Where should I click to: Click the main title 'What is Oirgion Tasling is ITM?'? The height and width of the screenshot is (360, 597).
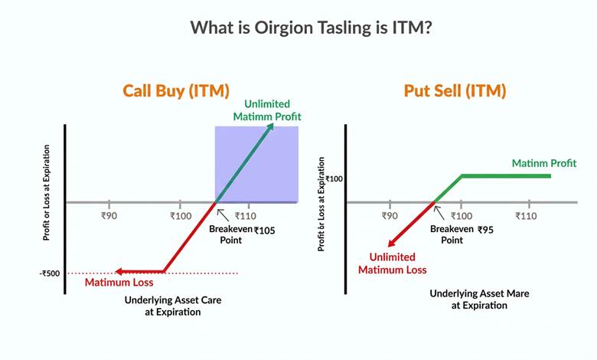click(x=298, y=27)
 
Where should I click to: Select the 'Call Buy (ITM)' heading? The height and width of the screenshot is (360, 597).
click(x=176, y=91)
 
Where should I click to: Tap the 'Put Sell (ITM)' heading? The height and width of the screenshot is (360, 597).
click(x=455, y=91)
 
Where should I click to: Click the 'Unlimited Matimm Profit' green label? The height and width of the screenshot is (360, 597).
click(x=267, y=110)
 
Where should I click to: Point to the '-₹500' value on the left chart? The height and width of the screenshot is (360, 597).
click(x=52, y=273)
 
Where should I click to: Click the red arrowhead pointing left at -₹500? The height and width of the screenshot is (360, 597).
click(x=120, y=271)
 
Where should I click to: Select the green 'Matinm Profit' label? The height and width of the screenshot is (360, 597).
click(x=545, y=163)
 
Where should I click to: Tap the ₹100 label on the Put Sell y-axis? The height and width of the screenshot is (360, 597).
click(x=334, y=178)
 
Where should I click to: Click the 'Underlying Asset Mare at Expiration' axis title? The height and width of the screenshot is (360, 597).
click(x=479, y=299)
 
